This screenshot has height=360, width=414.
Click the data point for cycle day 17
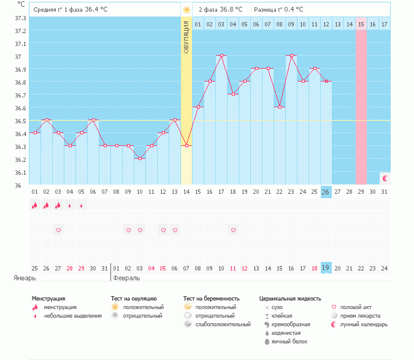(221, 55)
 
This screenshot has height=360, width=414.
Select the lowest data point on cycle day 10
(140, 158)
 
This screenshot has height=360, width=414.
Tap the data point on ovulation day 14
(186, 145)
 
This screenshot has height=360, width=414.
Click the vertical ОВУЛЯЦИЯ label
(186, 37)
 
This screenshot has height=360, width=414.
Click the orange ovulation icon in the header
(186, 10)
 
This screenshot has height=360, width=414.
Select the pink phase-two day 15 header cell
(361, 24)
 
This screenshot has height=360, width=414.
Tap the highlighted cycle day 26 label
(326, 192)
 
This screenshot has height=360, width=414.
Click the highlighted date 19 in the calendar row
(326, 268)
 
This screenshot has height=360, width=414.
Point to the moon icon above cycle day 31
(385, 178)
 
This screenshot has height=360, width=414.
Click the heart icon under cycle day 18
(233, 230)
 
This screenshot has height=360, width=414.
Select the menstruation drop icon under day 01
(35, 205)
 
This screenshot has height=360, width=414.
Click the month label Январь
(25, 278)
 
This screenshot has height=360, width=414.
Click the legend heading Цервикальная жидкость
(290, 299)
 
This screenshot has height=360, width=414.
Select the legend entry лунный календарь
(364, 324)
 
